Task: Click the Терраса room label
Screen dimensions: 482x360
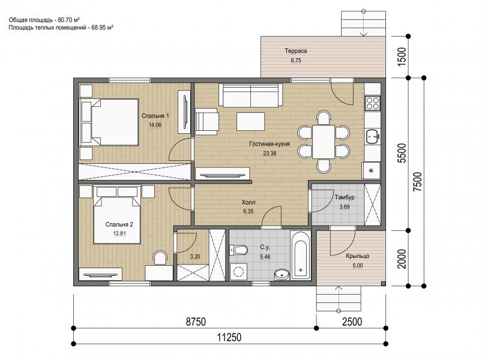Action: point(296,51)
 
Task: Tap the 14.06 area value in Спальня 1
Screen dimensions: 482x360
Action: point(155,125)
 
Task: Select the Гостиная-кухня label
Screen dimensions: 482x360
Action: point(270,144)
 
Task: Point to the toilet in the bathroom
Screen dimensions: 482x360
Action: point(238,250)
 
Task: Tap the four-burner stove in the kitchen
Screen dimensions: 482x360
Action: point(373,103)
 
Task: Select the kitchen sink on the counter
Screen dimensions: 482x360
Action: point(373,136)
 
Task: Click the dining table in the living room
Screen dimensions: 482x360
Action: point(324,142)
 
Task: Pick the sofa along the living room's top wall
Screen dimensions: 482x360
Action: point(250,95)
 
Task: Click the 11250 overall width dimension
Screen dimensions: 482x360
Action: point(229,337)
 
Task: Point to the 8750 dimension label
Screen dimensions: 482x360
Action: point(196,322)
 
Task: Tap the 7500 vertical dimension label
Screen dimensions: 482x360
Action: point(418,182)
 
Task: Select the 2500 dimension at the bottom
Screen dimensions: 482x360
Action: point(352,322)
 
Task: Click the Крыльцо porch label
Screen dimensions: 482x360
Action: point(358,256)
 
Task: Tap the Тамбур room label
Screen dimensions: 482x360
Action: point(345,197)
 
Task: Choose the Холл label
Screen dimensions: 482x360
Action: point(249,202)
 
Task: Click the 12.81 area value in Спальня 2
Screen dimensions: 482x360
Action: point(119,233)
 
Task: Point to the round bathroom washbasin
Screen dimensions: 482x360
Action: point(282,274)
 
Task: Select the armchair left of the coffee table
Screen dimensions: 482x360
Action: point(206,121)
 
